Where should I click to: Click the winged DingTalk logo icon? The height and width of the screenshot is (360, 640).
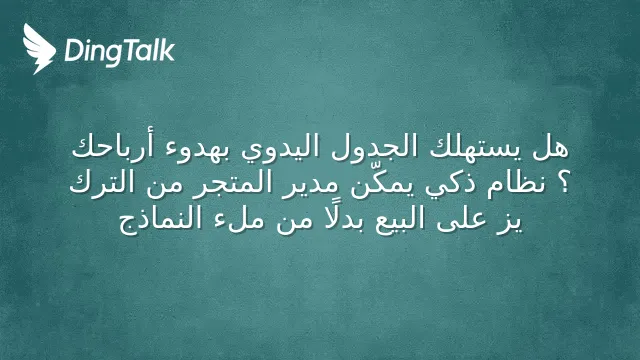tap(39, 49)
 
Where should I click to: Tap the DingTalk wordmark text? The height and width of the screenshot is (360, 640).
tap(120, 52)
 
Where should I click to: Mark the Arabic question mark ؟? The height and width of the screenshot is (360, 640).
tap(564, 184)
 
